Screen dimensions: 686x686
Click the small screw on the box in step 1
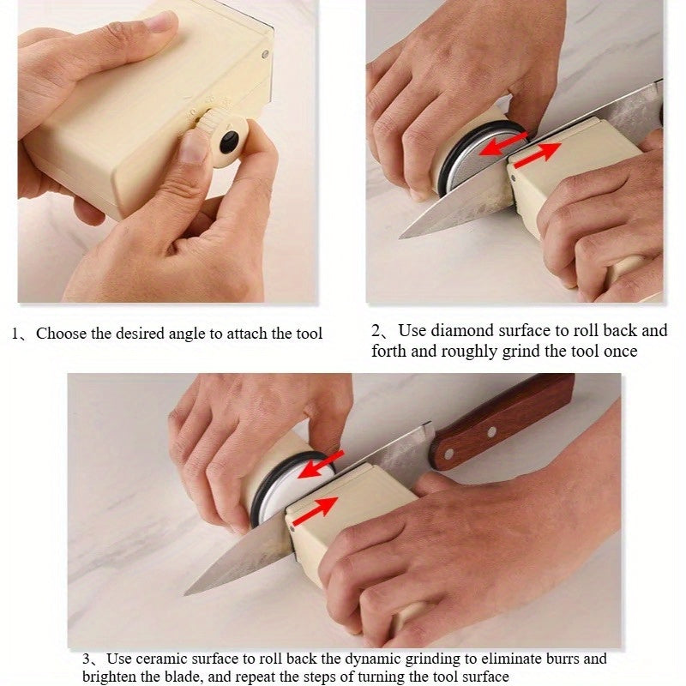click(x=265, y=54)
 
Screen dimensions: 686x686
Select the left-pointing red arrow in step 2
click(x=503, y=144)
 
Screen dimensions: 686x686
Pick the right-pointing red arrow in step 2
click(x=538, y=154)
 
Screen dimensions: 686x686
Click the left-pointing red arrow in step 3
click(x=322, y=465)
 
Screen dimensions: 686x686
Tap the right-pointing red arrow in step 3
click(x=315, y=511)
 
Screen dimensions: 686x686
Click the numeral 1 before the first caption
click(x=15, y=334)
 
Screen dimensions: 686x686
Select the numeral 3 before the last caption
click(x=87, y=659)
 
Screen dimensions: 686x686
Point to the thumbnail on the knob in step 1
click(x=194, y=145)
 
